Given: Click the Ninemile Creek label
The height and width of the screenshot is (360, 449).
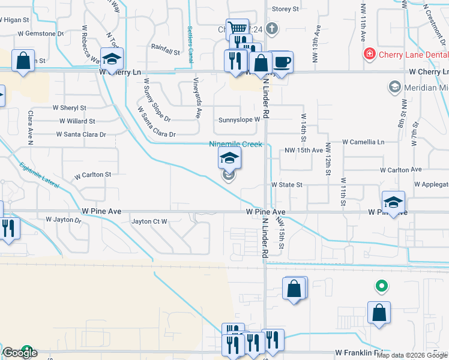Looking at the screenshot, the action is pyautogui.click(x=235, y=145).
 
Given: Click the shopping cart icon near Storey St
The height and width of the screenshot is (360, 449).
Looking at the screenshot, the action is pyautogui.click(x=238, y=28).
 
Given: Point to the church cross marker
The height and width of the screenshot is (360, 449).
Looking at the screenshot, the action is pyautogui.click(x=271, y=28).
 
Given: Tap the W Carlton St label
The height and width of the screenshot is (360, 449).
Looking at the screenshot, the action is pyautogui.click(x=92, y=175).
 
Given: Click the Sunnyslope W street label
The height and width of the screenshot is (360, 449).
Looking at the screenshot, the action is pyautogui.click(x=239, y=119).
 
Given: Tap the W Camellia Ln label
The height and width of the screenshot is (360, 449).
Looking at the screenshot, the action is pyautogui.click(x=363, y=142).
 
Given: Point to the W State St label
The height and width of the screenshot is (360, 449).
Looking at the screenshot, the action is pyautogui.click(x=286, y=185).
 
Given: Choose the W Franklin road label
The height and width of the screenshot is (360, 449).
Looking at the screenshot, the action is pyautogui.click(x=359, y=352).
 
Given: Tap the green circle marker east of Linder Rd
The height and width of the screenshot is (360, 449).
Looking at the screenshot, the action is pyautogui.click(x=380, y=286).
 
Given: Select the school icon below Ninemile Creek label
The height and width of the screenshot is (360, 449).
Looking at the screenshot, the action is pyautogui.click(x=229, y=158).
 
